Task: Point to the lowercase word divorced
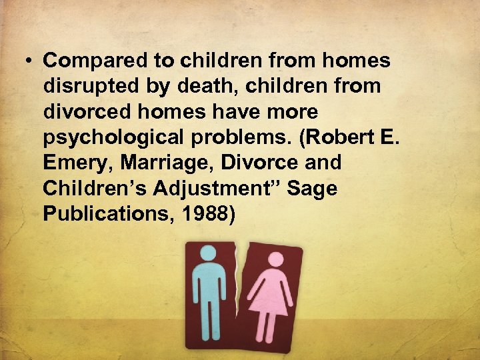click(85, 111)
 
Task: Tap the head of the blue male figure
click(208, 253)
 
